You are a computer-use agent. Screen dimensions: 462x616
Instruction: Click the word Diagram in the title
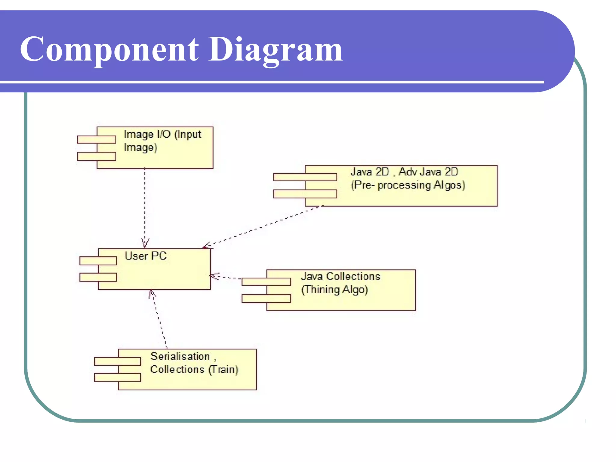[x=275, y=50]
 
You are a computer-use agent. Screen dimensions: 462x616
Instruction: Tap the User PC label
[x=146, y=256]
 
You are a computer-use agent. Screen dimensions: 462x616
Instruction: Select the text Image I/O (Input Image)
[x=162, y=141]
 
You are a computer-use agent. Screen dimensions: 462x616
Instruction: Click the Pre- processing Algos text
[x=408, y=185]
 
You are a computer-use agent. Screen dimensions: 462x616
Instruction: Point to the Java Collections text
[x=340, y=276]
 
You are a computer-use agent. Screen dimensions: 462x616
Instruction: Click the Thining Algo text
[x=335, y=290]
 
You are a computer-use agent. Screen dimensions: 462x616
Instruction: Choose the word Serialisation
[x=180, y=356]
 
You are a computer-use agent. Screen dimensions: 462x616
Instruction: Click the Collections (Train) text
[x=194, y=370]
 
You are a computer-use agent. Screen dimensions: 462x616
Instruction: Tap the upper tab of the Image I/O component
[x=97, y=139]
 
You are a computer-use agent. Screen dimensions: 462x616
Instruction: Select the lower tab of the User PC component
[x=98, y=277]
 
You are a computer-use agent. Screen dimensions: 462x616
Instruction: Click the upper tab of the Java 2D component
[x=305, y=177]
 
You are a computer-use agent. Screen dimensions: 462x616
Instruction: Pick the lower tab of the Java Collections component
[x=266, y=298]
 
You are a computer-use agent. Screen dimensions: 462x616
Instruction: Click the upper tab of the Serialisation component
[x=117, y=361]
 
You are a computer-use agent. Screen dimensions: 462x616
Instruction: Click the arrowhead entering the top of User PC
[x=145, y=243]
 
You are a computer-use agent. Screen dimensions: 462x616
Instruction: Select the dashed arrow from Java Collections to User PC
[x=226, y=277]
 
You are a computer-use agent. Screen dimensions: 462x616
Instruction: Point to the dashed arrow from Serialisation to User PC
[x=159, y=319]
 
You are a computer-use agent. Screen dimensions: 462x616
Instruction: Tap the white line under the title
[x=271, y=82]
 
